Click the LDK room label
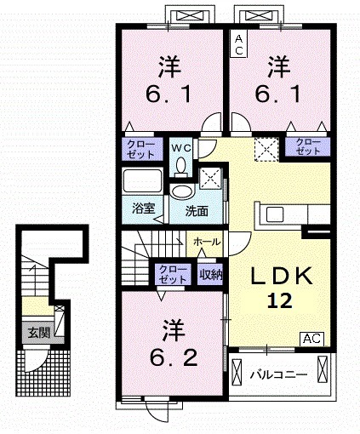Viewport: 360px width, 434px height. coord(281,276)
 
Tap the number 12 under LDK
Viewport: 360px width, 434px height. coord(279,301)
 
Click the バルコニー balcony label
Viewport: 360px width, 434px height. coord(278,375)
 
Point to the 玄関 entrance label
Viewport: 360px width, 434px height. coord(39,332)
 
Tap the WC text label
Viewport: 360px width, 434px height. coord(181,148)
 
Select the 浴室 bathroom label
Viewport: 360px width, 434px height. coord(144,208)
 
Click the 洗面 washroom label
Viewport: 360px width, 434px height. coord(197,211)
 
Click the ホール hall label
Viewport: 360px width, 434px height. coord(207,242)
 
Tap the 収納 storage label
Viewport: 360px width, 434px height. coord(211,275)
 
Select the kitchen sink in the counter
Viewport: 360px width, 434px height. coord(275,214)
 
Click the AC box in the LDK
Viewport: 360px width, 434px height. coord(312,339)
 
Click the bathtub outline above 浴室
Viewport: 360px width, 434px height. coord(142,180)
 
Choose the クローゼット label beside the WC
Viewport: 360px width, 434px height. coord(140,149)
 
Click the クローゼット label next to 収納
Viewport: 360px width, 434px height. coord(173,274)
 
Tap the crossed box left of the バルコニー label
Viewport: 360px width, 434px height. coord(237,372)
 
